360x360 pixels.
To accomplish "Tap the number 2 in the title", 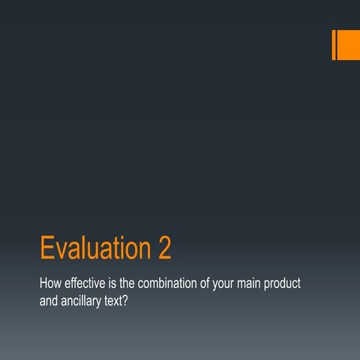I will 164,248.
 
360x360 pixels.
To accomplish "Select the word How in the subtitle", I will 50,286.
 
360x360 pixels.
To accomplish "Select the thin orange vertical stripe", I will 334,45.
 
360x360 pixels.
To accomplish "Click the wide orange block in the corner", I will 349,45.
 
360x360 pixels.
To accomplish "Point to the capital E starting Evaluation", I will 46,248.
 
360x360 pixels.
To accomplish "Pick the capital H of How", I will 43,286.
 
